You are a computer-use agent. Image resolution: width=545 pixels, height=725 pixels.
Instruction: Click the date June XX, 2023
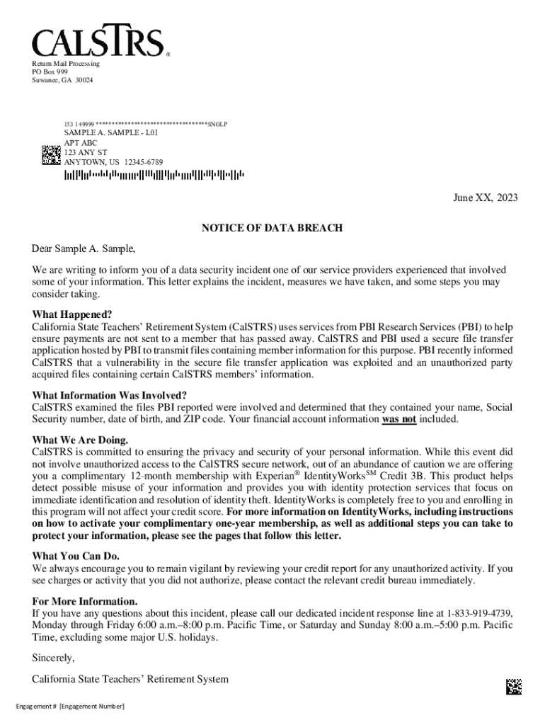tap(486, 198)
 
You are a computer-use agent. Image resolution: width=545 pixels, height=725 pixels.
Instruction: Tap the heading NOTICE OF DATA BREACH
tap(272, 228)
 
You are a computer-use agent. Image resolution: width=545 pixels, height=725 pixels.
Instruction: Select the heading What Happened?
tap(72, 314)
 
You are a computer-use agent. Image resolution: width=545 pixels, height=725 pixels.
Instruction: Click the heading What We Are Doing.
tap(80, 440)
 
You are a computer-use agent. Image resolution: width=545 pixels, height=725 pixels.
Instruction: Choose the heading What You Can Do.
tap(76, 556)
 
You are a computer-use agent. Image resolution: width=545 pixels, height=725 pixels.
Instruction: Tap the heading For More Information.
tap(85, 601)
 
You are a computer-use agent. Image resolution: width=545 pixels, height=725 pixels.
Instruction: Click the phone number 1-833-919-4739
tap(479, 613)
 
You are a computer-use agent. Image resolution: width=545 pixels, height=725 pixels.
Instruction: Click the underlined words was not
tap(399, 419)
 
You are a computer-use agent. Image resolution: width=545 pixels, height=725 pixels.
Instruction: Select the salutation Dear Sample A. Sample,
tap(84, 249)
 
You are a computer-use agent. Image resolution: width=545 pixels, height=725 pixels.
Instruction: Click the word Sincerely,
tap(53, 658)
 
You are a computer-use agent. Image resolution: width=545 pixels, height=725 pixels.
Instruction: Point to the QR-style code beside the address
tap(51, 155)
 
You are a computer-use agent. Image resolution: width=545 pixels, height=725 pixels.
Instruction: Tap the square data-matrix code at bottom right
tap(514, 686)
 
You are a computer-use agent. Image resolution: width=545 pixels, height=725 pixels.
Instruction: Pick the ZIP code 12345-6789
tap(144, 162)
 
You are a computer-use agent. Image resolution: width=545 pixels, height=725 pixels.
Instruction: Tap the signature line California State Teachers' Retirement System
tap(130, 680)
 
